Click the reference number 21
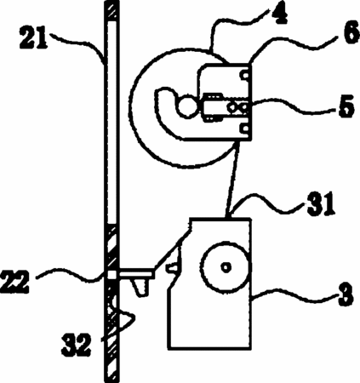point(32,37)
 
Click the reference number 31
point(321,205)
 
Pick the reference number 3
point(345,296)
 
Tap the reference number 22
point(14,283)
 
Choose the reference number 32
point(76,346)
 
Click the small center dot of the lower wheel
point(226,267)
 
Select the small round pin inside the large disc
point(187,106)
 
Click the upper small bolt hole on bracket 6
point(245,76)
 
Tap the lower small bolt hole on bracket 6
point(245,129)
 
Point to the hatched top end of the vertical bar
point(111,10)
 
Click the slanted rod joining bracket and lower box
point(232,180)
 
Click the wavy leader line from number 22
point(71,275)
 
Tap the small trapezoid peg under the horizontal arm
point(140,287)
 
